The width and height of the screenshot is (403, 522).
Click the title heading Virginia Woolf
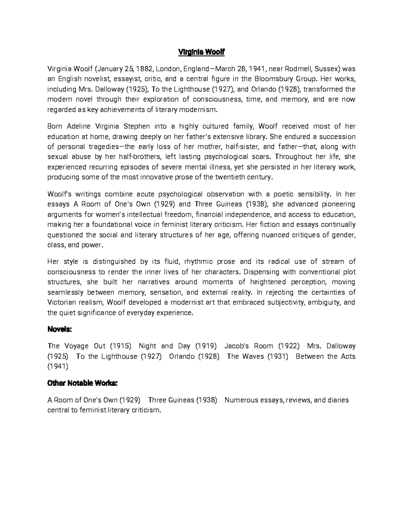coord(201,52)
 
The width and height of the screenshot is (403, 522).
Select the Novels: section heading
coord(59,330)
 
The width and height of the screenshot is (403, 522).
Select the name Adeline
coord(79,127)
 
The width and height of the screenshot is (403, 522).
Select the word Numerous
coord(240,400)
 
